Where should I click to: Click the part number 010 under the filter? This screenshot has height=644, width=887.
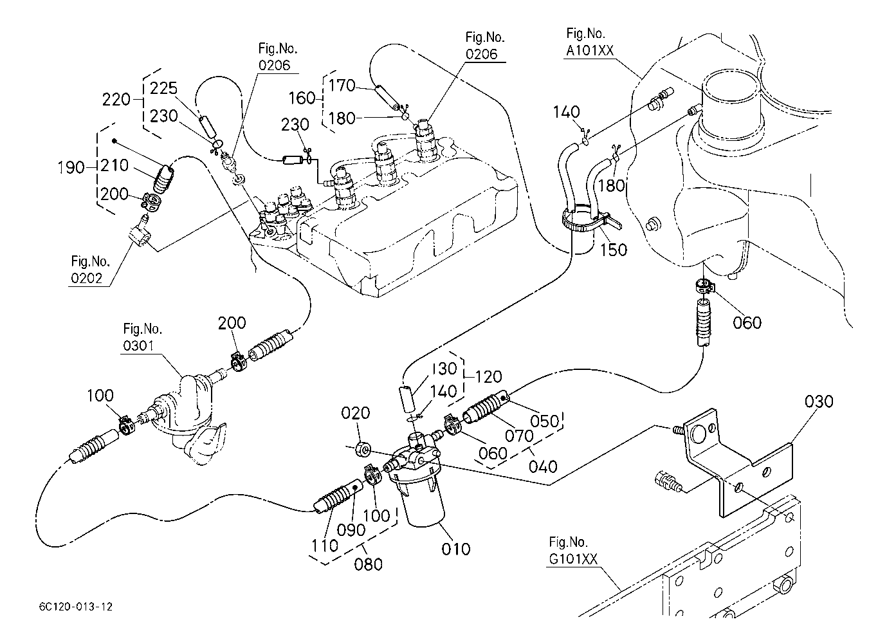point(455,549)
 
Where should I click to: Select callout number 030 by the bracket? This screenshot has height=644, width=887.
point(819,401)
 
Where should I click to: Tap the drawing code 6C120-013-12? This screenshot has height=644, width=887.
point(75,607)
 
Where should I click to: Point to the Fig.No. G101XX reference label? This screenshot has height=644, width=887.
point(569,552)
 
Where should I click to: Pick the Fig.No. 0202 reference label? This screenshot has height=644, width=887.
point(90,271)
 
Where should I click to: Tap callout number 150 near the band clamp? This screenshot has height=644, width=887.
point(613,249)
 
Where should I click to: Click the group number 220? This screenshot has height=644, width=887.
point(116,99)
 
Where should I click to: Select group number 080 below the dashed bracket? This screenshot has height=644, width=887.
point(369,564)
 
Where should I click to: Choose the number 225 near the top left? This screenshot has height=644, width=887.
point(163,88)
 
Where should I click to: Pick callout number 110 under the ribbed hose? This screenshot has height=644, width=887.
point(325,546)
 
